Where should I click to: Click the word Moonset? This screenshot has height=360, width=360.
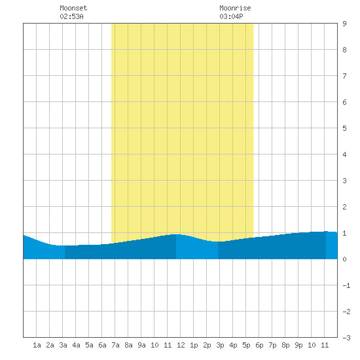[x=73, y=8]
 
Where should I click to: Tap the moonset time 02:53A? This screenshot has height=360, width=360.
[x=71, y=16]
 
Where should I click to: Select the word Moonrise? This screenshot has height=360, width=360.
[x=235, y=8]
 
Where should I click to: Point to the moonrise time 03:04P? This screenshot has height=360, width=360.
[x=231, y=16]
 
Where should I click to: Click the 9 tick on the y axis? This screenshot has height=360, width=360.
[x=344, y=24]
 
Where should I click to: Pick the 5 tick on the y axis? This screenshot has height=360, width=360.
[x=344, y=128]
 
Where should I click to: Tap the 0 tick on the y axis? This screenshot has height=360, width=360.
[x=344, y=259]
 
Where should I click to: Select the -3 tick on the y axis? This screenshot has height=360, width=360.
[x=346, y=338]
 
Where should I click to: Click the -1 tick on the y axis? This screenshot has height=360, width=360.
[x=346, y=285]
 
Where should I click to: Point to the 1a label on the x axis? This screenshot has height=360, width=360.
[x=37, y=345]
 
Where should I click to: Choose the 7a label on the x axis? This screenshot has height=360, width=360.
[x=115, y=345]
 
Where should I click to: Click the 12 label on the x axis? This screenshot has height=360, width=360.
[x=181, y=345]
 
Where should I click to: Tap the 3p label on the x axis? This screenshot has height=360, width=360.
[x=220, y=345]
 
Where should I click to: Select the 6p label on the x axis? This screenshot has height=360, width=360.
[x=259, y=345]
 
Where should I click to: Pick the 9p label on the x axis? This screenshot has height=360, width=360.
[x=298, y=345]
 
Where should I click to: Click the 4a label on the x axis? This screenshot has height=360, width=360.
[x=76, y=345]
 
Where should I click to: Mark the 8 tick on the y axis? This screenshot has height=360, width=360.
[x=344, y=50]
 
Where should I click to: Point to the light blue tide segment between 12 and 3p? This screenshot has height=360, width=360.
[x=197, y=249]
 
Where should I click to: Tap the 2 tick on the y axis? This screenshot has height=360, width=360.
[x=344, y=207]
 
